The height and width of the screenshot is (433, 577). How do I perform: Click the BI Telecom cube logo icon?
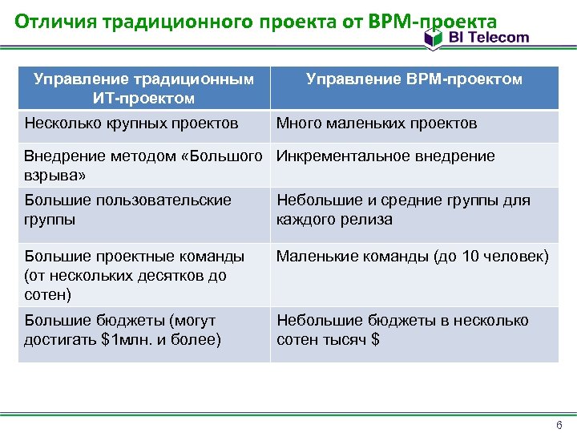pos(434,38)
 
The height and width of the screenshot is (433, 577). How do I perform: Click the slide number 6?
pos(559,424)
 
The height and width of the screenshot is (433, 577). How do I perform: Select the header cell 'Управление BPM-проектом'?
pos(414,79)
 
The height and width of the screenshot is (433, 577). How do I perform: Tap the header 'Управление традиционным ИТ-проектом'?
pos(144,88)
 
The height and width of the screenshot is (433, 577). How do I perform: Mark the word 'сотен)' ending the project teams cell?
pos(47,294)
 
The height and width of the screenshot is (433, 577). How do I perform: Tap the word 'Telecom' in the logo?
pos(498,37)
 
